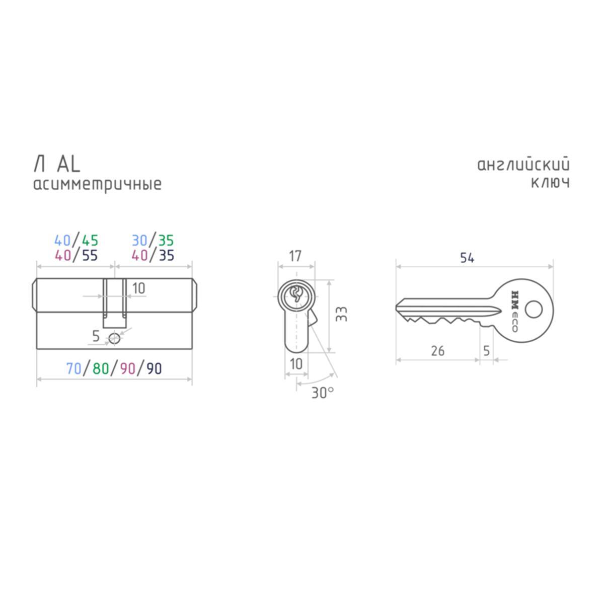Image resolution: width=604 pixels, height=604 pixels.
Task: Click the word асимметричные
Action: tap(98, 185)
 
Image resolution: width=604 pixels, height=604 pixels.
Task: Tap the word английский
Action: tap(523, 165)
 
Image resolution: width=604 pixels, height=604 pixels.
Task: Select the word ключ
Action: tap(551, 183)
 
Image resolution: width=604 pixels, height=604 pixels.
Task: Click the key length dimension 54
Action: tap(467, 258)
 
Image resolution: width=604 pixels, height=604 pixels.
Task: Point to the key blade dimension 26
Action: tap(437, 351)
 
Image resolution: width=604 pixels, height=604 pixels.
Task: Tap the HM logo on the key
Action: tap(515, 299)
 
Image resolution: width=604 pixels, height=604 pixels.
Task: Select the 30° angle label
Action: tap(323, 393)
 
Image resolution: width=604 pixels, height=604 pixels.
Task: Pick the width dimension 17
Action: tap(295, 256)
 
